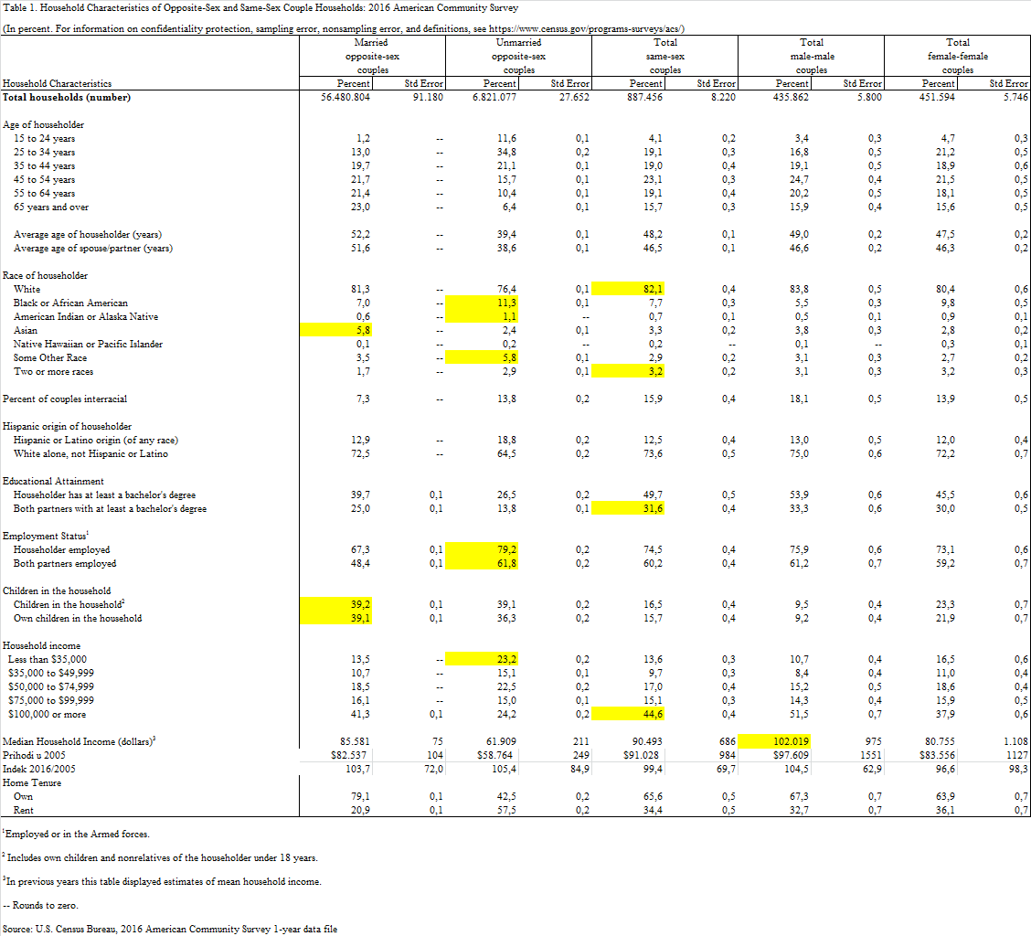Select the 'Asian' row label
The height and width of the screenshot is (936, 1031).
click(x=26, y=330)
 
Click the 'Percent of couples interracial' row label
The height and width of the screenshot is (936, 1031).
click(x=65, y=399)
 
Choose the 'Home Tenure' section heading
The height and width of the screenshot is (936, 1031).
click(x=29, y=782)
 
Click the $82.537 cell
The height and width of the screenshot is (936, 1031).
click(x=347, y=755)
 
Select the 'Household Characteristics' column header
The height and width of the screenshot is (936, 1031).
click(x=57, y=83)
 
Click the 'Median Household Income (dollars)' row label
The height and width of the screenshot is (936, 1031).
click(x=79, y=741)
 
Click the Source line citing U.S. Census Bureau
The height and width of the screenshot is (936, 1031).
click(x=170, y=929)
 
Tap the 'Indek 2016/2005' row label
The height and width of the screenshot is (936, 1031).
click(x=39, y=769)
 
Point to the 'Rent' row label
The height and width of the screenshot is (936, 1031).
click(x=24, y=810)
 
